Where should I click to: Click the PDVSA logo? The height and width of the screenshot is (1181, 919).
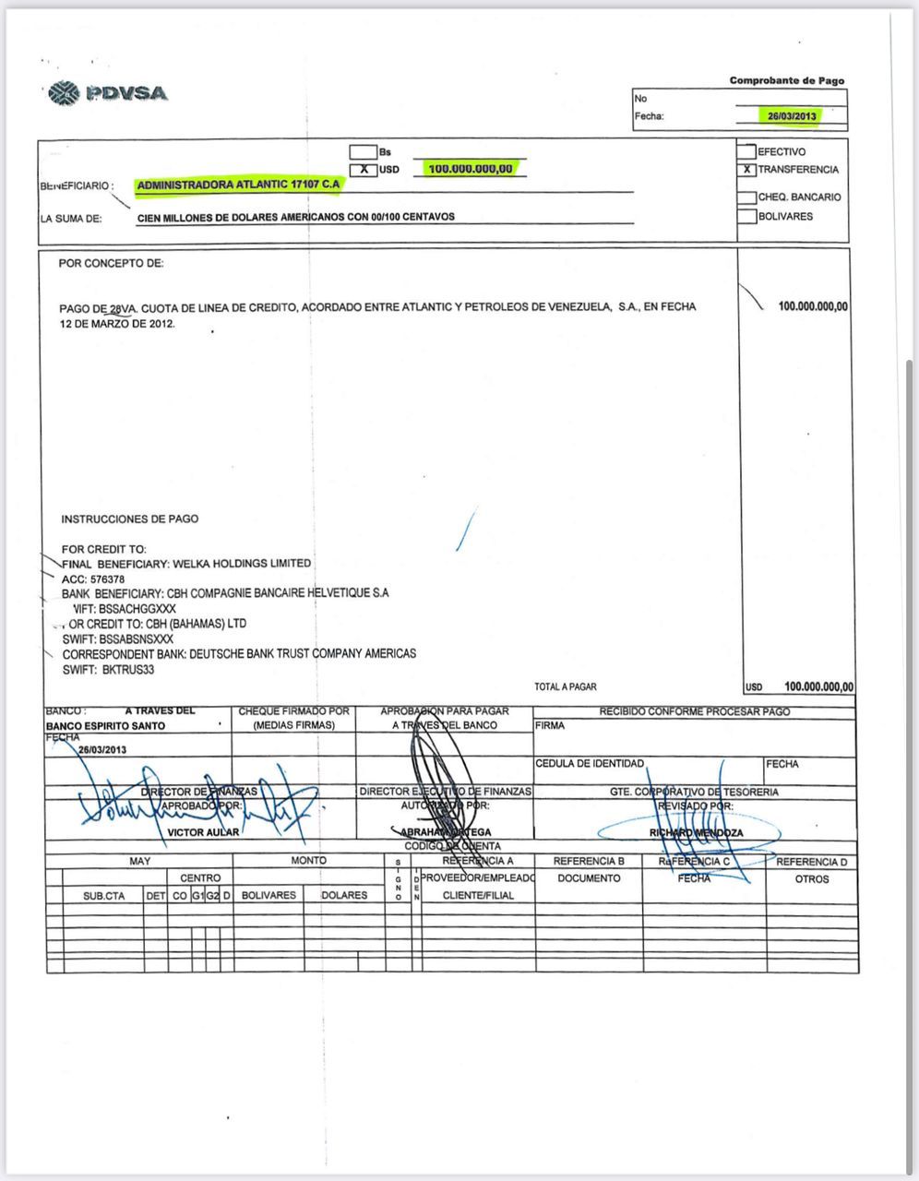pos(107,93)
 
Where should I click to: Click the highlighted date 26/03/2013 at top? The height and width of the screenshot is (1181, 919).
pos(792,116)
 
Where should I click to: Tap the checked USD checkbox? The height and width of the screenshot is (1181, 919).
pos(364,170)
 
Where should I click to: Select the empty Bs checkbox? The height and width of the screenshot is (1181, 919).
pos(364,152)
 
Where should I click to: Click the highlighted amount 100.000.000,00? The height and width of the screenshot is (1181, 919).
pos(471,169)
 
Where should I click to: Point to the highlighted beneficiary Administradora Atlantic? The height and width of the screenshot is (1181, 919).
pos(239,185)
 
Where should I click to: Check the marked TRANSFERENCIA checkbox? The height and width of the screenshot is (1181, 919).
pos(746,170)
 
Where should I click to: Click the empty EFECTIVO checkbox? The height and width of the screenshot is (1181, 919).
pos(746,151)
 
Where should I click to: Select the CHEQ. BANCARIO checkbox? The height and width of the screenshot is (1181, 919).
pos(746,197)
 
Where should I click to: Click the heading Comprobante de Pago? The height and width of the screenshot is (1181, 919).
pos(786,81)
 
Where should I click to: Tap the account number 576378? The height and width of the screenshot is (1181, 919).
pos(107,579)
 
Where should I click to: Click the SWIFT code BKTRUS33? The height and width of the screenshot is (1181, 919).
pos(127,670)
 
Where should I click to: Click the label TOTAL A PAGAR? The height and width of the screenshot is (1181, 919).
pos(565,686)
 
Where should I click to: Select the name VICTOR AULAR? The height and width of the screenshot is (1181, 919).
pos(203,832)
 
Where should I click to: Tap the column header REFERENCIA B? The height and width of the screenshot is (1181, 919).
pos(589,861)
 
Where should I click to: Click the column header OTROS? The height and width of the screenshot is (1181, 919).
pos(812,878)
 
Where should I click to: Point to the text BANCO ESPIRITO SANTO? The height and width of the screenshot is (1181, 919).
pos(105,726)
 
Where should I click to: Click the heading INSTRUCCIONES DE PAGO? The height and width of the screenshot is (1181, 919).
pos(129,519)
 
